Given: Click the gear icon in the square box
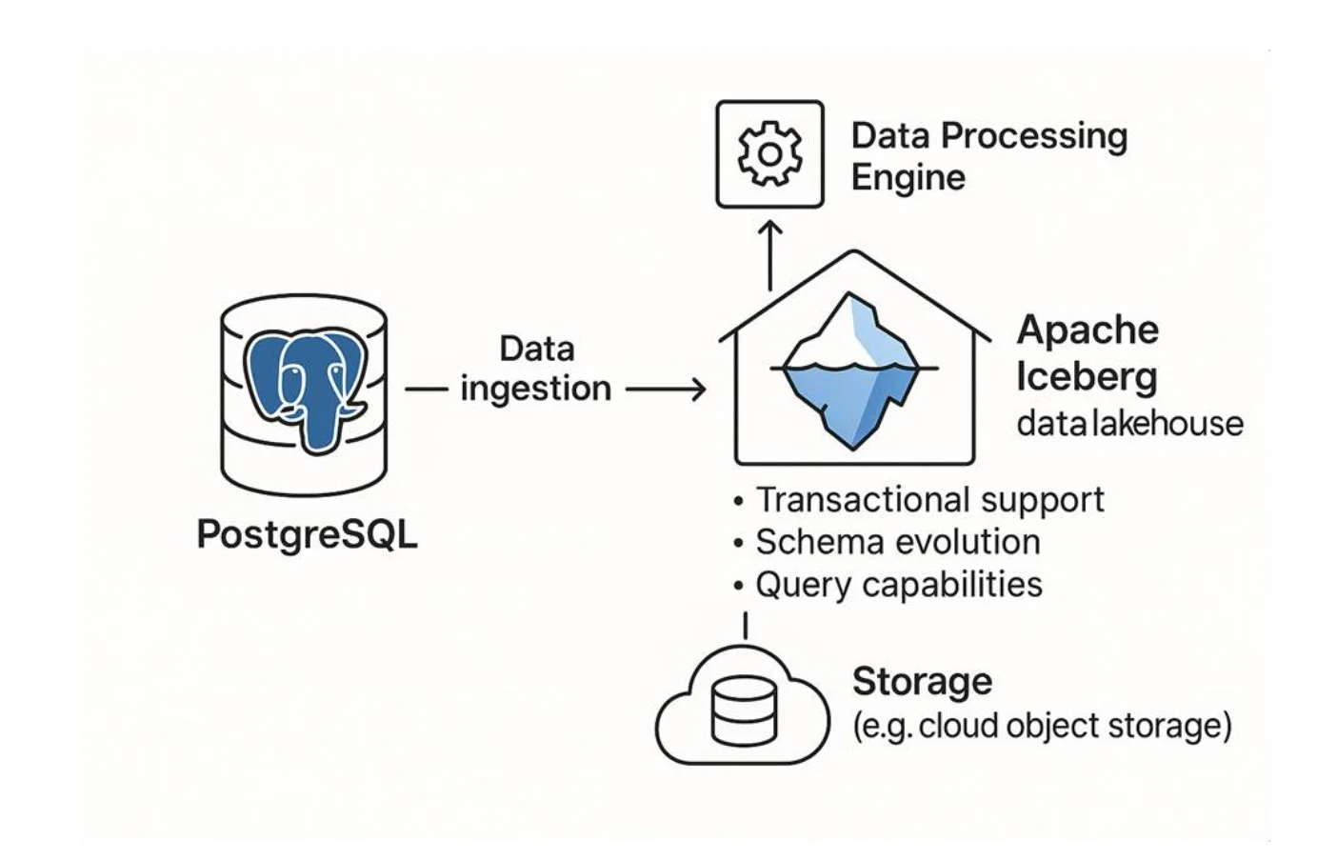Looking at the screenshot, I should coord(769,154).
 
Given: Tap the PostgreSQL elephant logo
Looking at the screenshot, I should coord(305,387).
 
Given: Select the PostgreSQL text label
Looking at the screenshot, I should coord(307,534).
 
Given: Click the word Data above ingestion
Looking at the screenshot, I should coord(537,349).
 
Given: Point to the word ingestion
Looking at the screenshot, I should coord(535,389).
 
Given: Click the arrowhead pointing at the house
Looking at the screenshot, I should coord(699,389).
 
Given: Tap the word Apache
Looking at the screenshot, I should coord(1088,330).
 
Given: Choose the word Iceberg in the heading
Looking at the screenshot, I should coord(1087,375).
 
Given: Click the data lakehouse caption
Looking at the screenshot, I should coord(1129,423).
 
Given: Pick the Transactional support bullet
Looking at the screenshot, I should coord(929,500).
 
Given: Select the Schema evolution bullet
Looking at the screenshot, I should coord(897,542).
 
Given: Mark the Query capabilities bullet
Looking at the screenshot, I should coord(898,584).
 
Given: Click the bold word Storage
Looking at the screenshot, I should coord(922,682).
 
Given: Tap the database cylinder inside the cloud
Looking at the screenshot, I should coord(744,710).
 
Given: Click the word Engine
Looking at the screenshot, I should coord(908,177).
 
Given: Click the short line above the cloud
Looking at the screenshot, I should coord(745,626).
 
